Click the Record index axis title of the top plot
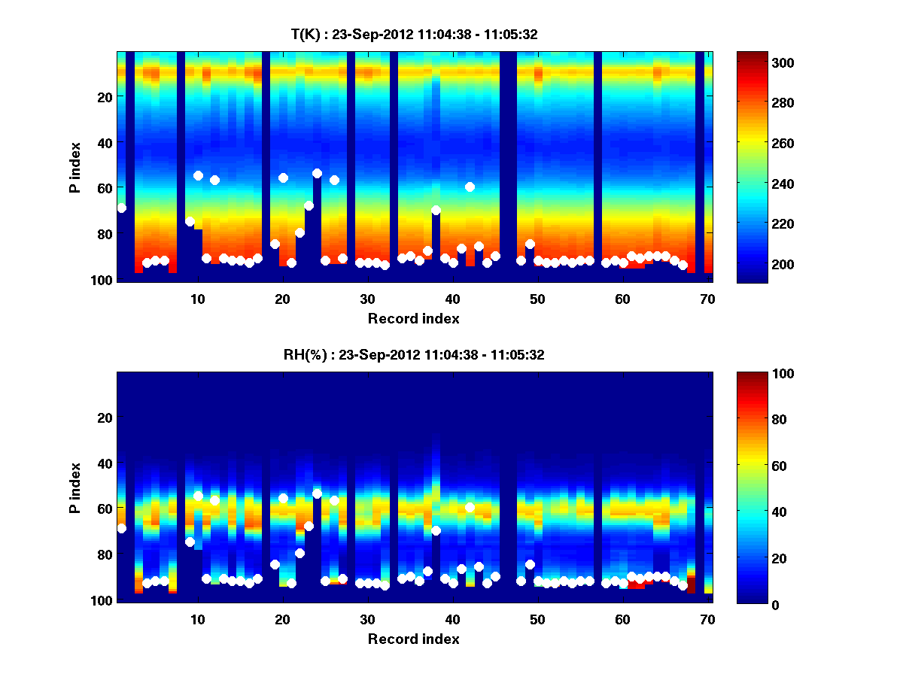tap(413, 319)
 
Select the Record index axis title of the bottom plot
tap(413, 639)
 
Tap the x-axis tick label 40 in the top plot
tap(452, 299)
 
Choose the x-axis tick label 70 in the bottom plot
tap(707, 619)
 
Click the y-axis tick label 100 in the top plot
tap(102, 280)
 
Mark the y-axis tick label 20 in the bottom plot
tap(105, 417)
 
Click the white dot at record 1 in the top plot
tap(121, 208)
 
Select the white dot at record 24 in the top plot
tap(317, 173)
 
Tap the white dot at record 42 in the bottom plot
tap(470, 507)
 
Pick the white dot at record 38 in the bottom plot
tap(436, 530)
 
